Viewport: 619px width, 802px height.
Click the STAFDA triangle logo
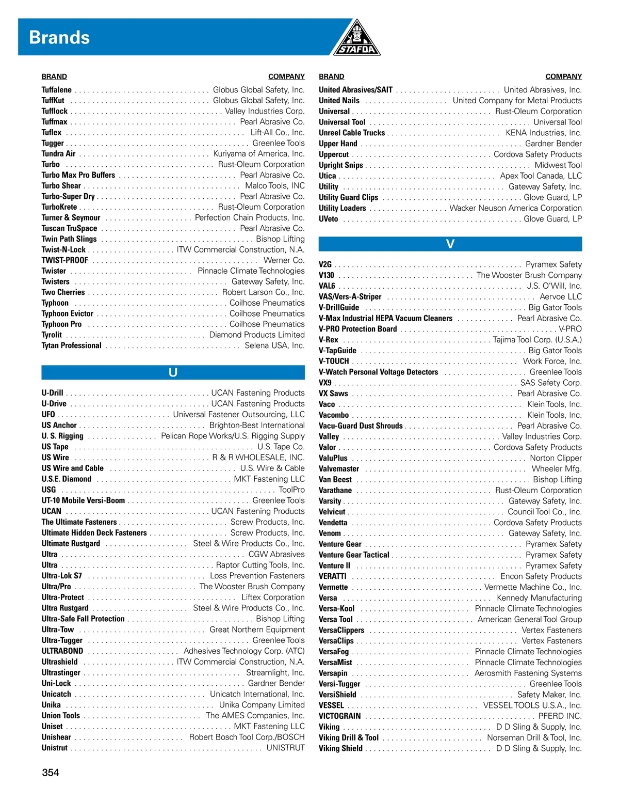357,39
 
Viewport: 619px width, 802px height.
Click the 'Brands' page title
59,37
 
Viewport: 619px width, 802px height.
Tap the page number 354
51,773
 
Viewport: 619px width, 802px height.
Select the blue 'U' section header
173,372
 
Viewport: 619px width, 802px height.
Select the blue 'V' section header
450,244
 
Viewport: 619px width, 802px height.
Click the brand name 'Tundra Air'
58,154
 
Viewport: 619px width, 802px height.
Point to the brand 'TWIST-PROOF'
64,260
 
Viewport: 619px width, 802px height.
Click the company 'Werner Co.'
284,260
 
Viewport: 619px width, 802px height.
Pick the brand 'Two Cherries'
63,292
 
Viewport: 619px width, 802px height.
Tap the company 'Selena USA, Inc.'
274,345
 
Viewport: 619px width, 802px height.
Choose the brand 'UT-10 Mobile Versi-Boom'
83,500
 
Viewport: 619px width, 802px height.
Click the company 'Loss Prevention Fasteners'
257,576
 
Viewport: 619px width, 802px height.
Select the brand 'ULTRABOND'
62,651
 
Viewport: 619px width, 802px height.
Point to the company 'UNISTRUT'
285,748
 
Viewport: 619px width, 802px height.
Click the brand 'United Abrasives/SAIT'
355,90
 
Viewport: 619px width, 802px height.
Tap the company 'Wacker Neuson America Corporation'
515,208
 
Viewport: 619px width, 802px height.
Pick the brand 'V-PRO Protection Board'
357,329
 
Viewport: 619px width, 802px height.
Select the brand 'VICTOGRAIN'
339,716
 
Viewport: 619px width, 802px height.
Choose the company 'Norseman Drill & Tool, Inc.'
534,738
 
